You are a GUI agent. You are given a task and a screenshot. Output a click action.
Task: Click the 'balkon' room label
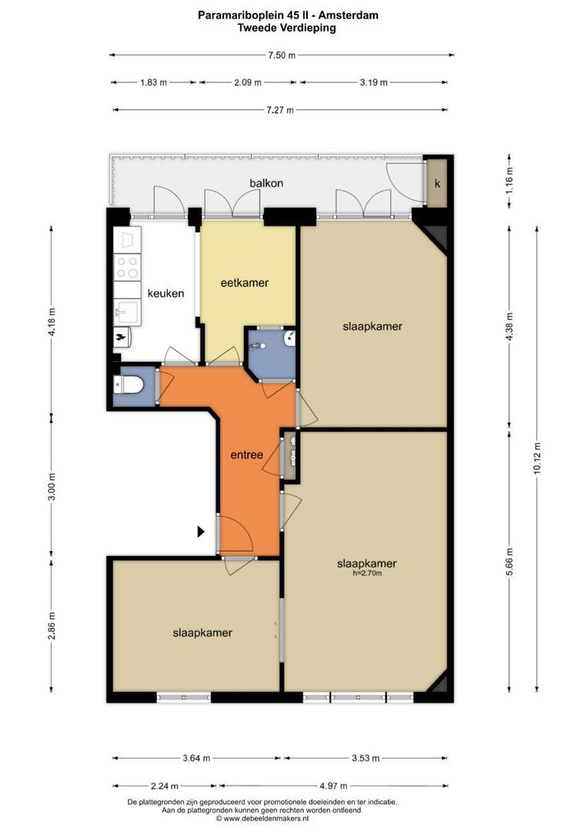266,183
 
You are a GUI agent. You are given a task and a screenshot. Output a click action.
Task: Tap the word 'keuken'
165,294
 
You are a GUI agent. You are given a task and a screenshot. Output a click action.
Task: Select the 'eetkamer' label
245,283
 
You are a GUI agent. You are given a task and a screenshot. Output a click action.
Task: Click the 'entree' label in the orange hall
246,455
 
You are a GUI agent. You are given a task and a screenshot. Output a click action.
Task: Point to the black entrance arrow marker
201,531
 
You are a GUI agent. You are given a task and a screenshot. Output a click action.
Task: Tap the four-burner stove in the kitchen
127,267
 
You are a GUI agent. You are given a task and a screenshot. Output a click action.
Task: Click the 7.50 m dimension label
282,55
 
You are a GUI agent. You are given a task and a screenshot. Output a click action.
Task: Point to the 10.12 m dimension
537,459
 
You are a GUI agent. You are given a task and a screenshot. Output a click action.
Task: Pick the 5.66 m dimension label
509,561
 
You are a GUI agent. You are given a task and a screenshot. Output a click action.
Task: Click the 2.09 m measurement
248,82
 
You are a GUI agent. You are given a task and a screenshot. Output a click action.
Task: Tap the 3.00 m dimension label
52,487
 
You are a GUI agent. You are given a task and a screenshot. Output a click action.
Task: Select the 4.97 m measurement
334,786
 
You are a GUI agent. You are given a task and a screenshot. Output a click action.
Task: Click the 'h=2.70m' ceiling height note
367,573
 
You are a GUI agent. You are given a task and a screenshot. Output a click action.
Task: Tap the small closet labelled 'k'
437,183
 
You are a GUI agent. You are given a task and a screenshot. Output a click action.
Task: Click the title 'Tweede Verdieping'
287,28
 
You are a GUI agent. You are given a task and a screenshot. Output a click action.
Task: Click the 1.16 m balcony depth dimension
509,181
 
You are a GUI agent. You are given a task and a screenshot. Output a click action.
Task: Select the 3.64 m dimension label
196,758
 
